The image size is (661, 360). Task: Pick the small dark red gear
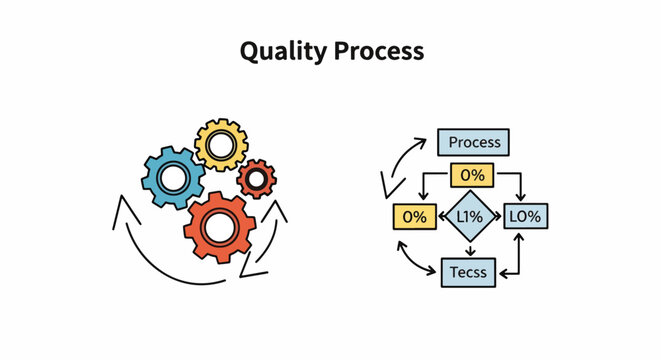pyautogui.click(x=257, y=178)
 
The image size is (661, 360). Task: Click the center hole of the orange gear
pyautogui.click(x=221, y=226)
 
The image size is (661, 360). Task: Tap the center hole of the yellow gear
pyautogui.click(x=221, y=146)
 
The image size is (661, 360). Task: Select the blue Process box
pyautogui.click(x=474, y=142)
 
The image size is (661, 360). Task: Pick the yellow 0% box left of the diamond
pyautogui.click(x=414, y=217)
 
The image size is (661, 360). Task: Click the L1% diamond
pyautogui.click(x=470, y=217)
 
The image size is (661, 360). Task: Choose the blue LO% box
pyautogui.click(x=526, y=217)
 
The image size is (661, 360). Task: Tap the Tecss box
pyautogui.click(x=468, y=271)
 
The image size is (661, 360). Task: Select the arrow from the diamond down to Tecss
pyautogui.click(x=470, y=250)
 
